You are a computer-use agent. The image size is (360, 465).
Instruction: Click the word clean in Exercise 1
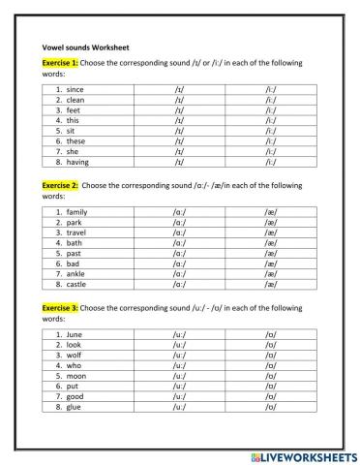pos(75,100)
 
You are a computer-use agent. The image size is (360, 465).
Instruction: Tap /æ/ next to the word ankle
pos(271,274)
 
